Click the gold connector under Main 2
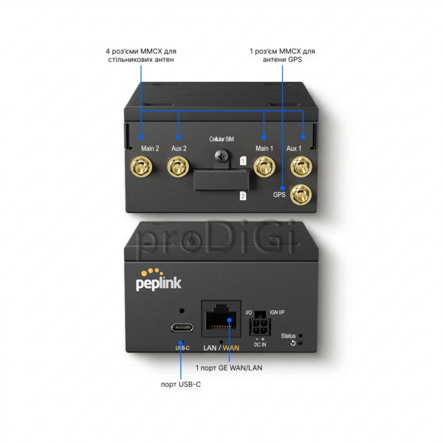coord(141,167)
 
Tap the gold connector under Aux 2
coord(178,167)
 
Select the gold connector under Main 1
coord(264,167)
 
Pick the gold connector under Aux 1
coord(301,166)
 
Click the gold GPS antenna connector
coord(301,195)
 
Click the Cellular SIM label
coord(221,139)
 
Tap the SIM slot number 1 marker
coord(243,161)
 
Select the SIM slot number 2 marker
coord(243,196)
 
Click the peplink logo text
coord(159,284)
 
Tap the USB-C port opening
coord(182,327)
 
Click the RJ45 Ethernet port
coord(221,318)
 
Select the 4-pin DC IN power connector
coord(260,327)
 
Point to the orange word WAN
coord(231,348)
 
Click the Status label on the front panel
coord(288,336)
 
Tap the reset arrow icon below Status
coord(293,343)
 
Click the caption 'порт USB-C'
coord(181,384)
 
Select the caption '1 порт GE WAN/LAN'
coord(229,368)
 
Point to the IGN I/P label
coord(277,312)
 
